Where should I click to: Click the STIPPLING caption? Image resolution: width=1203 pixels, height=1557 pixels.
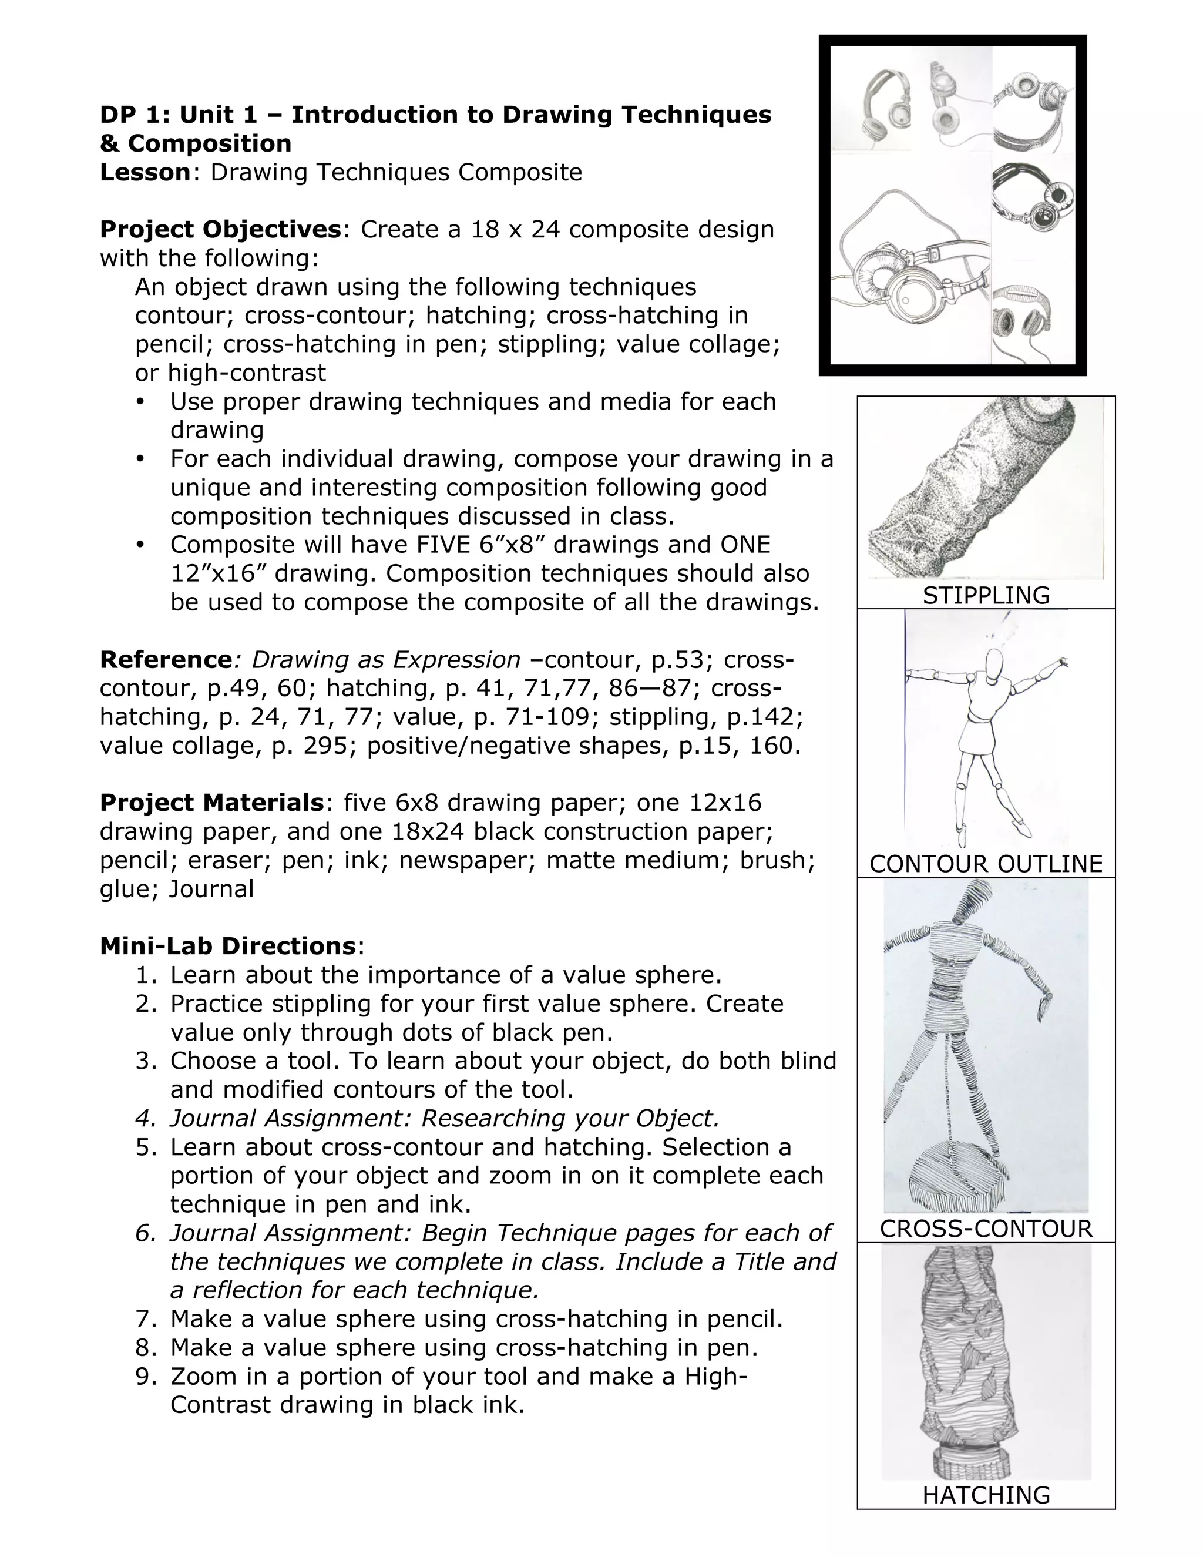tap(986, 595)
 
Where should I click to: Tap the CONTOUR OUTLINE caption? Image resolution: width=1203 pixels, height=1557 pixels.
tap(986, 864)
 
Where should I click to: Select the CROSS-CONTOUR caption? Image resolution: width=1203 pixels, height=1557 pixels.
tap(986, 1229)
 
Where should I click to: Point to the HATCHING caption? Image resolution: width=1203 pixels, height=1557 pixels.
tap(986, 1495)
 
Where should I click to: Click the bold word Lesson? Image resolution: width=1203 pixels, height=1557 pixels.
tap(145, 173)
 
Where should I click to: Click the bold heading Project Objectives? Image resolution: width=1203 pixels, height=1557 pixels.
tap(220, 230)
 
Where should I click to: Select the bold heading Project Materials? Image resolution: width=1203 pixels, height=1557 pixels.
tap(211, 803)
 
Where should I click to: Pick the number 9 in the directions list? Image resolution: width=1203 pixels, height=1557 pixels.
tap(144, 1377)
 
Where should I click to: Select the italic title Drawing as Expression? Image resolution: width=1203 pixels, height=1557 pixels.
tap(385, 659)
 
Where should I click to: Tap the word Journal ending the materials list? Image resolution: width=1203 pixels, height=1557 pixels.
tap(211, 889)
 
